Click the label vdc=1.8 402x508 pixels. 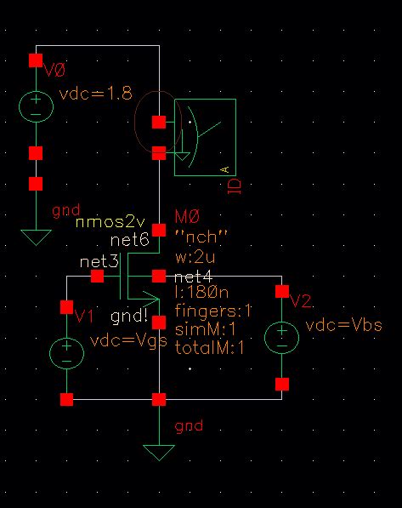point(94,94)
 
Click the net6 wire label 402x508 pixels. point(129,242)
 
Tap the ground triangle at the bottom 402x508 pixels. point(158,452)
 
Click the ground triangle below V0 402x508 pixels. point(36,237)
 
